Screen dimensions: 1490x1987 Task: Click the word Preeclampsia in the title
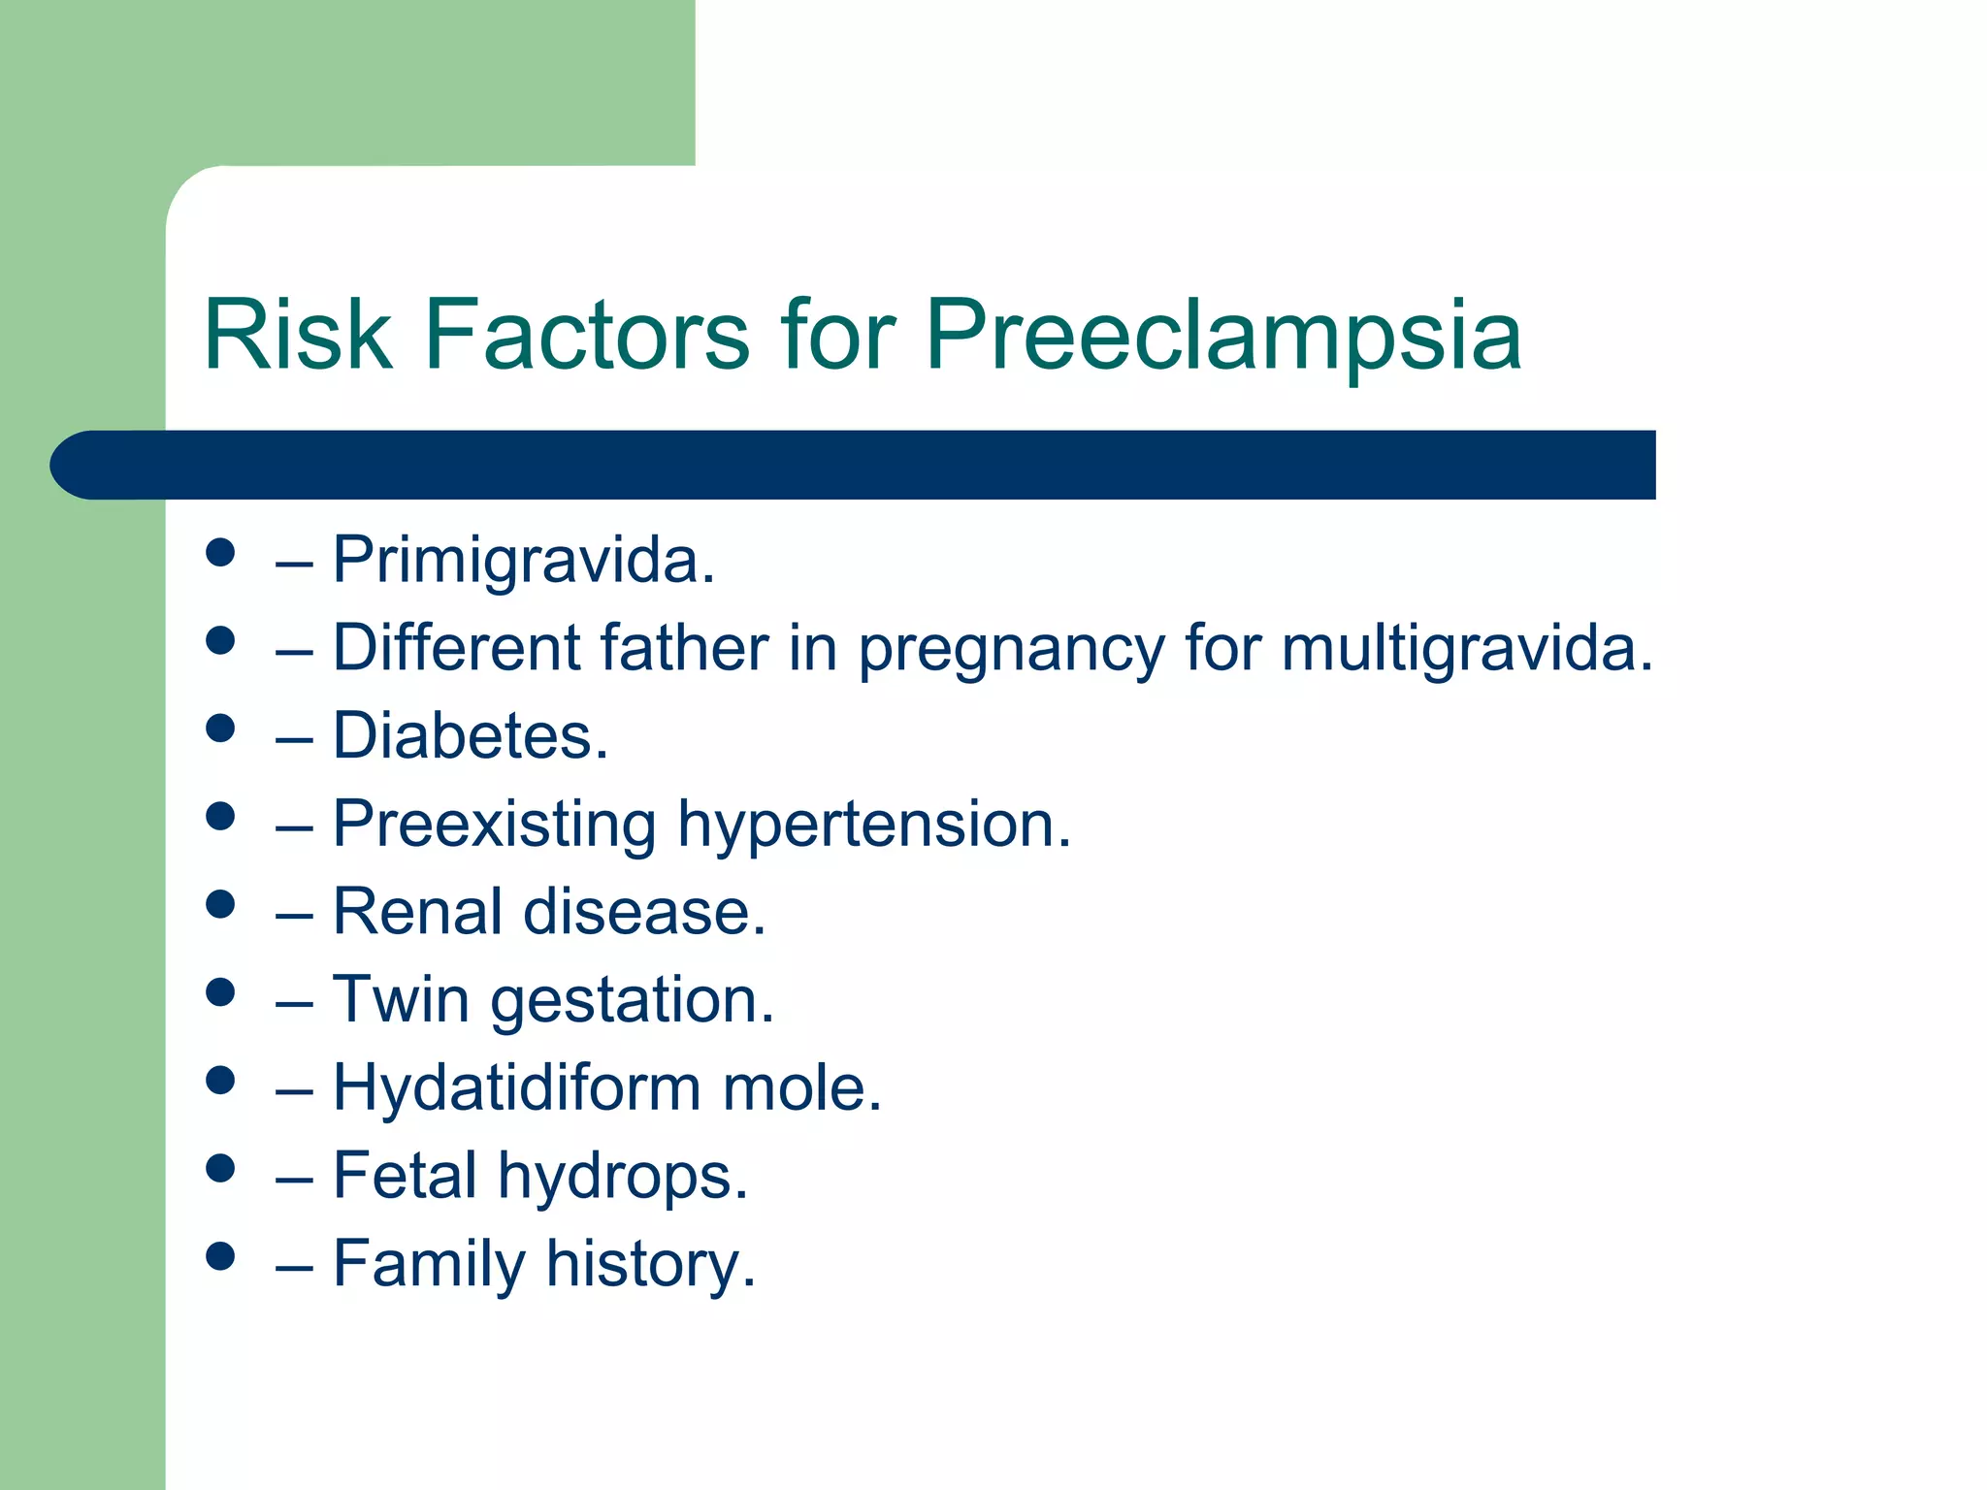click(x=1222, y=336)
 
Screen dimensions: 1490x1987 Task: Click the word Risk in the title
click(x=297, y=336)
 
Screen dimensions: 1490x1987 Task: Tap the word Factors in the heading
click(x=586, y=336)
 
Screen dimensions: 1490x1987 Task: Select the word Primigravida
click(x=523, y=561)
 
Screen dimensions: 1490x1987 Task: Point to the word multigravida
click(x=1466, y=648)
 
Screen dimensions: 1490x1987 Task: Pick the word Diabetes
click(x=471, y=736)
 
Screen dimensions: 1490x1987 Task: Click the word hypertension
click(x=873, y=825)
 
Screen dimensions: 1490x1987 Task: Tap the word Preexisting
click(x=494, y=825)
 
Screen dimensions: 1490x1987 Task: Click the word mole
click(x=801, y=1088)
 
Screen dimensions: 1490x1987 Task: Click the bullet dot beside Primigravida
click(x=220, y=553)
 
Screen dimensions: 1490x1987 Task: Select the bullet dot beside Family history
click(x=220, y=1256)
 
